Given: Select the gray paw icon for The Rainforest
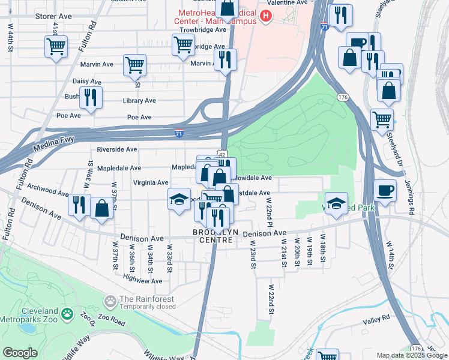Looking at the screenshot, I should tap(110, 300).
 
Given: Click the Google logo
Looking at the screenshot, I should tap(20, 352).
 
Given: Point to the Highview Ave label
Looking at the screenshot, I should tap(142, 280).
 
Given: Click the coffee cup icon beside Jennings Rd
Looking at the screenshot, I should tap(385, 190).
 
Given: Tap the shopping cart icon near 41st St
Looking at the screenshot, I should tap(56, 46).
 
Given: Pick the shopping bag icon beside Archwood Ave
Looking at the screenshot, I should tap(102, 207).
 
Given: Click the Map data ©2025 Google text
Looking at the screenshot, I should tap(411, 355).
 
